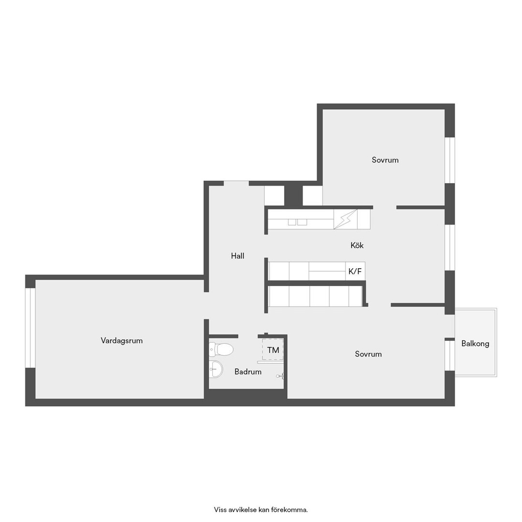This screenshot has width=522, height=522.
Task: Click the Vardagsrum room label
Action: (121, 341)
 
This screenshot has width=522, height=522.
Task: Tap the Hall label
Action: (237, 256)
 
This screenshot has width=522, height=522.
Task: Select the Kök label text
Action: (357, 246)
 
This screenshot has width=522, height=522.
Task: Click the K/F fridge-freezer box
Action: (355, 271)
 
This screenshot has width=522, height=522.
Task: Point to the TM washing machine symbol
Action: (273, 349)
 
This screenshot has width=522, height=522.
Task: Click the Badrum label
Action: (247, 372)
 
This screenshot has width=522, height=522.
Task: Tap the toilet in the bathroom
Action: (221, 349)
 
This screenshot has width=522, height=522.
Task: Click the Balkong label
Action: (475, 344)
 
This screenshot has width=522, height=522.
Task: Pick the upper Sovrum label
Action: (385, 160)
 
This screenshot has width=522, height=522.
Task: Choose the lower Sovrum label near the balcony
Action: (368, 354)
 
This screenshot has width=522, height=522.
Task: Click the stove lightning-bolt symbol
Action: (345, 219)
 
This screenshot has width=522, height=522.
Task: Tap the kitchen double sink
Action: (297, 222)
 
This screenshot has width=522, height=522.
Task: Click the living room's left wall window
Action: (30, 328)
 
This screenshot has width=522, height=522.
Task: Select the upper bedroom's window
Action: (450, 160)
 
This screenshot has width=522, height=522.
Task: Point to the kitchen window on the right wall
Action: (450, 247)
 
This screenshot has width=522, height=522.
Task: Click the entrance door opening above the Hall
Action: (236, 183)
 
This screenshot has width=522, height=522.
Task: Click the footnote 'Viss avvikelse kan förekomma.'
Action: (261, 509)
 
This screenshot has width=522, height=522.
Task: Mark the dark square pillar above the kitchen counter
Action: (293, 195)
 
